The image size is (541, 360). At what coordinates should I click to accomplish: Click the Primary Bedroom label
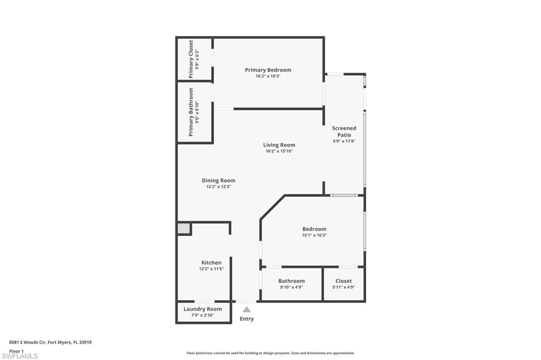268,70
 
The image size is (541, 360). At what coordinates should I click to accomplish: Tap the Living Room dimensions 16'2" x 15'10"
279,151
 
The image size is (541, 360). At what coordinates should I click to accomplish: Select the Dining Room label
218,181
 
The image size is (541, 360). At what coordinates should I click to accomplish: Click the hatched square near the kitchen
183,229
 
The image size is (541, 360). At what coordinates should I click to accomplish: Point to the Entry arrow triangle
247,310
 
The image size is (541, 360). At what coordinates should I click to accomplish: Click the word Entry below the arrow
247,319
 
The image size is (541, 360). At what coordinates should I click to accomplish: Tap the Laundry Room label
202,309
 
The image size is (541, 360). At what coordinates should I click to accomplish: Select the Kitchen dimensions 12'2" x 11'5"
211,269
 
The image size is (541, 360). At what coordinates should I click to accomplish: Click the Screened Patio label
344,131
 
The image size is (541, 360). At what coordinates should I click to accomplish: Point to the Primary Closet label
191,59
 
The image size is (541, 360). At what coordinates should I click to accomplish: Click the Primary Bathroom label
191,111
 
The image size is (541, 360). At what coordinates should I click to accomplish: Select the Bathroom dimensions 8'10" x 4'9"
291,287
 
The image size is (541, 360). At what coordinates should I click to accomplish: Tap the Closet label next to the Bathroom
343,281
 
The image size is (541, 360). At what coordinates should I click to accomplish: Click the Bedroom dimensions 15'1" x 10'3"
314,235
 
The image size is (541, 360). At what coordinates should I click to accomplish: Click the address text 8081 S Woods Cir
51,342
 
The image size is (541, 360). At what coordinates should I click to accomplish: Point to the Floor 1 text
17,350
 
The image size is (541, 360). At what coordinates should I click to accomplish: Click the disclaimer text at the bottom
270,353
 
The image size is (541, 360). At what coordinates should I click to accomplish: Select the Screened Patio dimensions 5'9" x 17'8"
344,141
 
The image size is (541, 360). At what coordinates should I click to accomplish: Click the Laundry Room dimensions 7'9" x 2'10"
202,315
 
